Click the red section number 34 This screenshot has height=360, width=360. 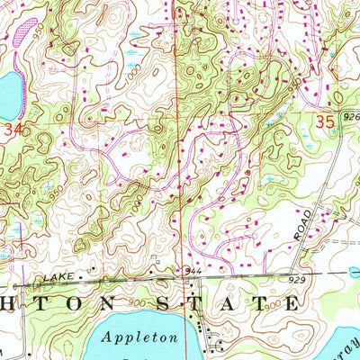tap(11, 130)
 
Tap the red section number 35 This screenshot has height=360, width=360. tap(328, 120)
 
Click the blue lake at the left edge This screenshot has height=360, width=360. tap(7, 94)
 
